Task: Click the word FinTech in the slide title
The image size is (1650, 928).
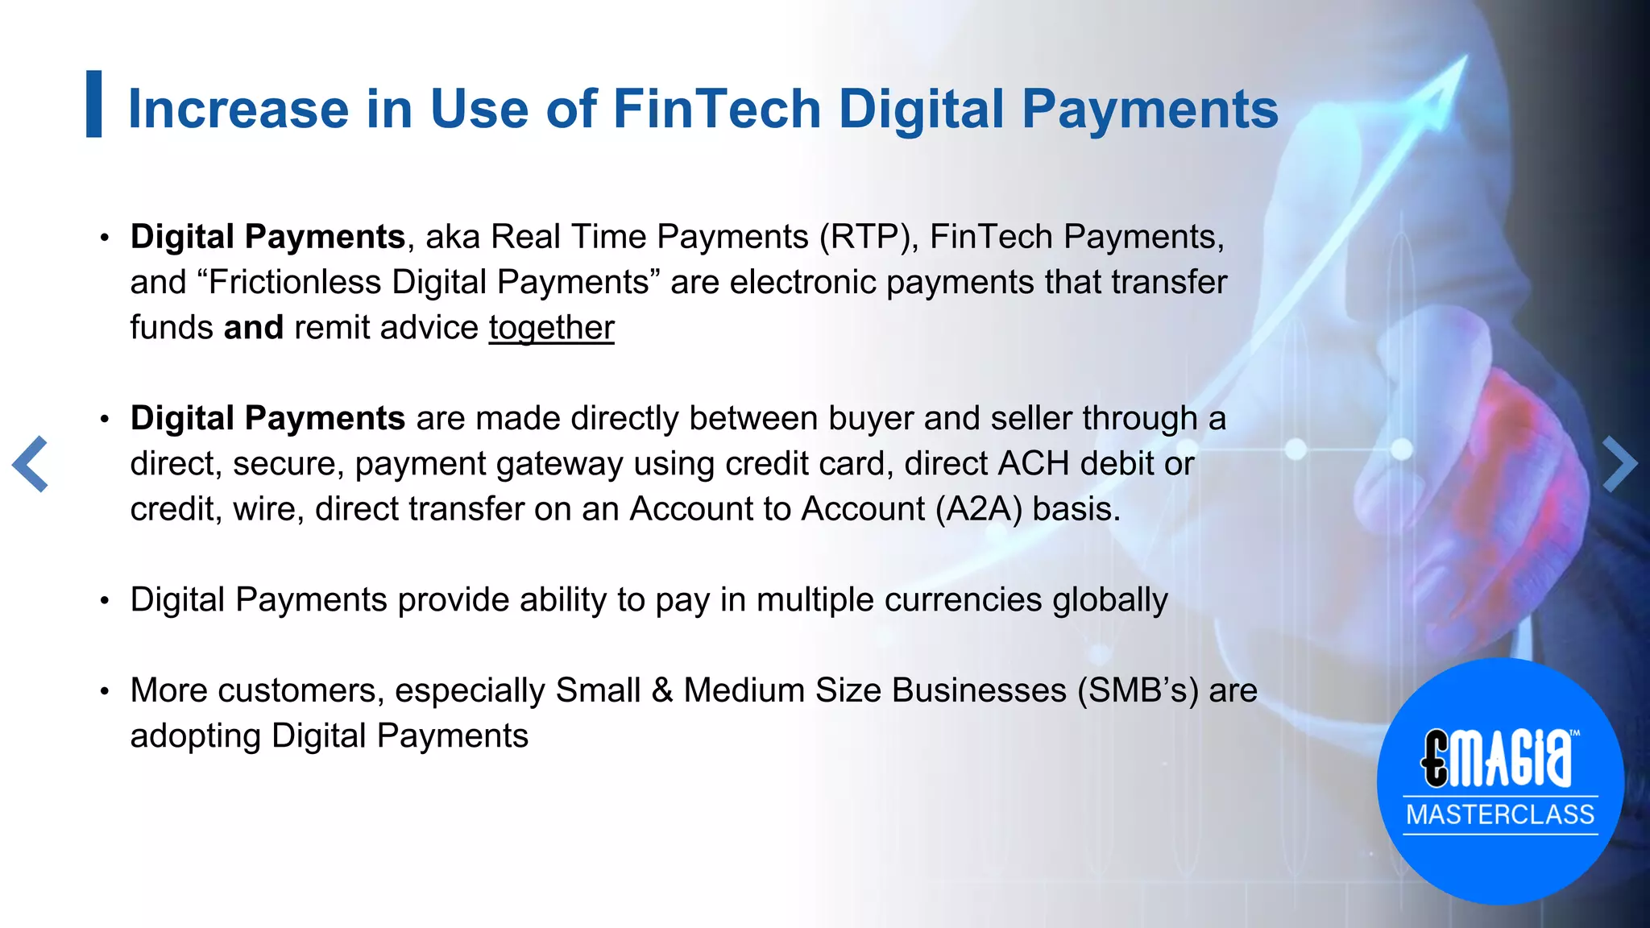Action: (x=716, y=109)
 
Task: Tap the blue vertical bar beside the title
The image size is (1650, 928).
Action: (x=94, y=104)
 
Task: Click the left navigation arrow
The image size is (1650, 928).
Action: (x=31, y=464)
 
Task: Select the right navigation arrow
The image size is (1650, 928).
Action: (x=1619, y=464)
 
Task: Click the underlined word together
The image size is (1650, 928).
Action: (x=551, y=328)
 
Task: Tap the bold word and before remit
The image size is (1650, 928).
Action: (x=253, y=328)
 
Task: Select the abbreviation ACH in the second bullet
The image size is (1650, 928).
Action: (x=1034, y=464)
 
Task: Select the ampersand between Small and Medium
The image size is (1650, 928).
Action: (x=661, y=690)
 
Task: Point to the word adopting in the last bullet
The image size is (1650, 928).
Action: (x=195, y=736)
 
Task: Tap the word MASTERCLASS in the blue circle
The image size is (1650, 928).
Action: (x=1500, y=814)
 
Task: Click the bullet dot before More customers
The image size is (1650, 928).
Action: (x=104, y=691)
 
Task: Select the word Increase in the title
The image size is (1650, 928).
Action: (x=238, y=109)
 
